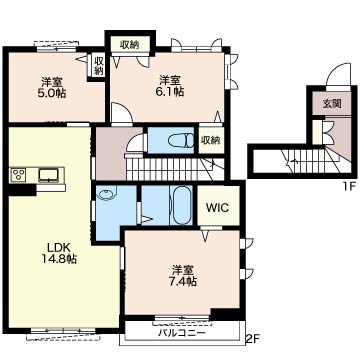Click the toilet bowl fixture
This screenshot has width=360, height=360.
point(181,141)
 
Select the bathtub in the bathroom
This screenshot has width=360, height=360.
point(181,205)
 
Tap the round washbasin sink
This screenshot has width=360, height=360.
point(107,195)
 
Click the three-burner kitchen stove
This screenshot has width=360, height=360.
point(18,175)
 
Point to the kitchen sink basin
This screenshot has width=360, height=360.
point(49,175)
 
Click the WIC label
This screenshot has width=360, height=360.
point(217,208)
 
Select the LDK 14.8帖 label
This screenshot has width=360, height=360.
point(60,253)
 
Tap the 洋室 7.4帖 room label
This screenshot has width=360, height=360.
point(182,275)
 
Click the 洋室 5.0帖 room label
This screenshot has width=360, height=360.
point(51,87)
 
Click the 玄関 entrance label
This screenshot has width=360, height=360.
point(331,104)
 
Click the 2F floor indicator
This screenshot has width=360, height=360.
point(253,340)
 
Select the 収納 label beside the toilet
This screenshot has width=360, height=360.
point(210,141)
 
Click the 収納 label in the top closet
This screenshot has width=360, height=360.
point(130,44)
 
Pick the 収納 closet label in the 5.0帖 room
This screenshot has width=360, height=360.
point(99,66)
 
